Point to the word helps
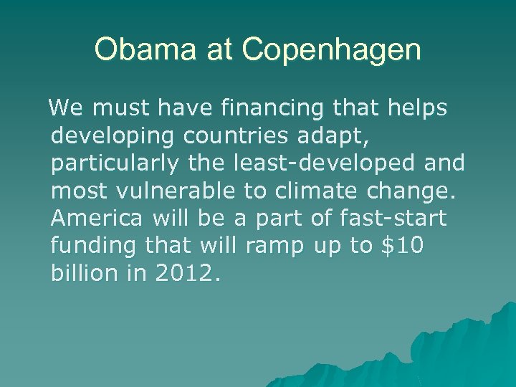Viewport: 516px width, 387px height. tap(419, 110)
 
